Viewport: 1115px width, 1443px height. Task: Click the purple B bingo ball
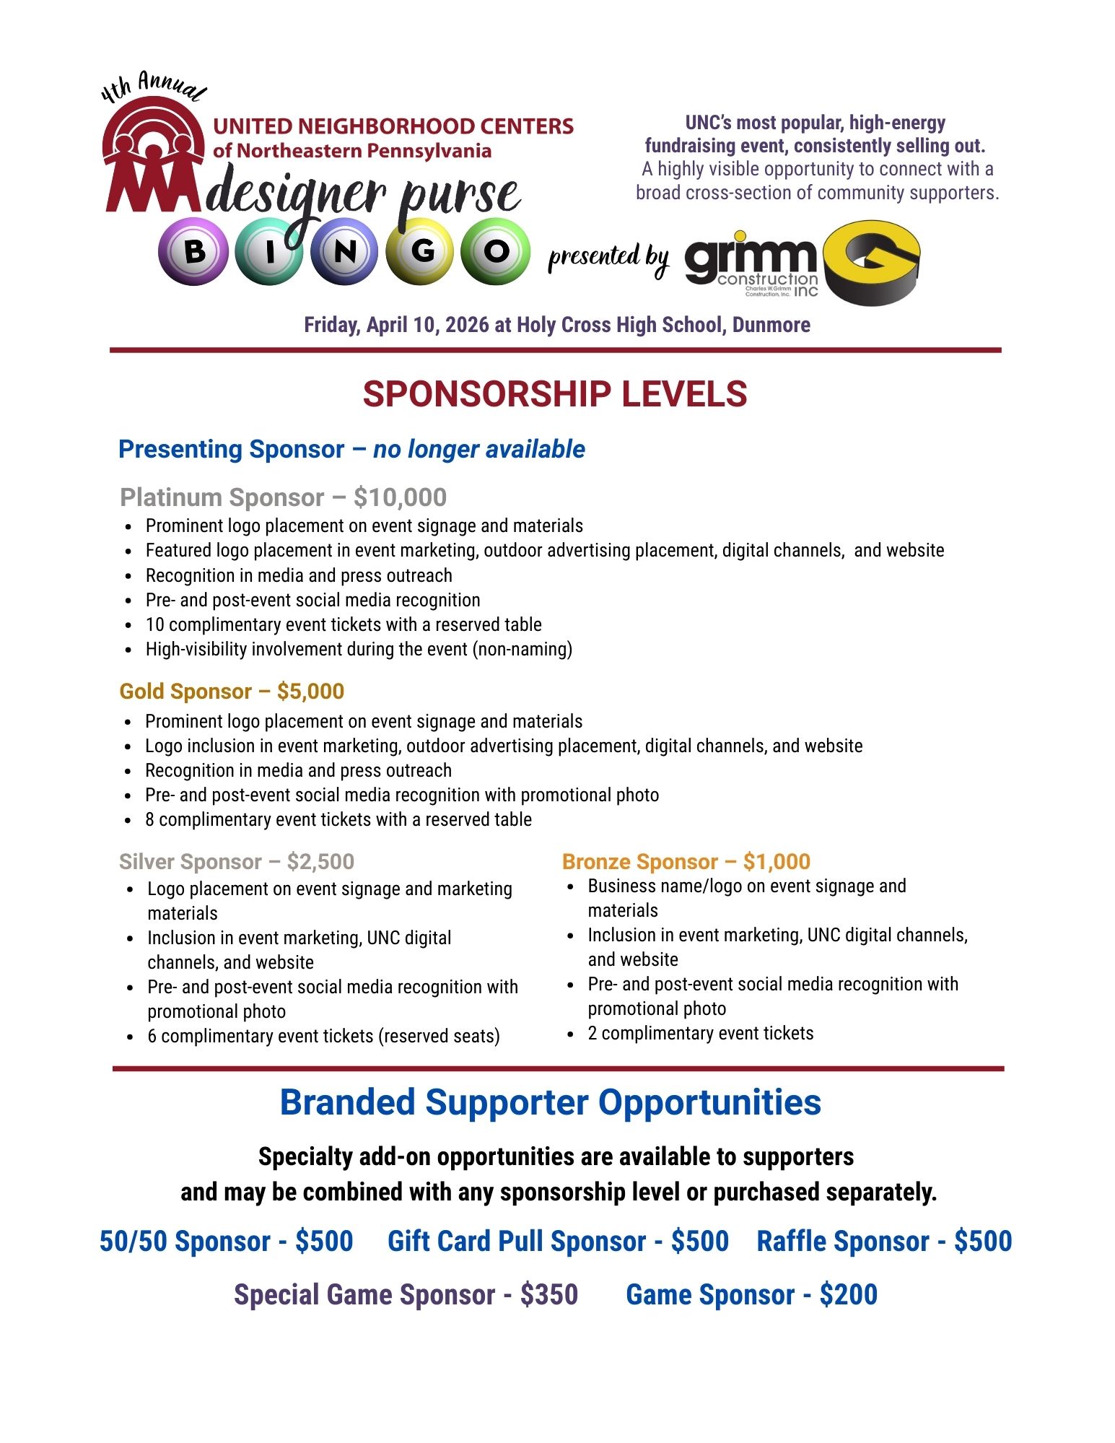(x=193, y=252)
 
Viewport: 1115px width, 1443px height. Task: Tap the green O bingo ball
(x=495, y=252)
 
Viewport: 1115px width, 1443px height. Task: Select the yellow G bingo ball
(x=421, y=252)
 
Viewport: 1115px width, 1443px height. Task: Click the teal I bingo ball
(x=269, y=252)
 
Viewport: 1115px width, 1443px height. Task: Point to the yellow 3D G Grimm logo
(x=872, y=261)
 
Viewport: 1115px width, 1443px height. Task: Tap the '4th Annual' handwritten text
(x=153, y=87)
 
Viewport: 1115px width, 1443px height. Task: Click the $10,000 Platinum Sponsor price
(x=400, y=497)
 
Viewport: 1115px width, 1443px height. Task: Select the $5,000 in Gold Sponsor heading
(x=310, y=692)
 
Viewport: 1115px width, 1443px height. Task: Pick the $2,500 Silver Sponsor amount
(x=320, y=862)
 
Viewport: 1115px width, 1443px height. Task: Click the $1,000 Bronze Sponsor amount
(x=777, y=862)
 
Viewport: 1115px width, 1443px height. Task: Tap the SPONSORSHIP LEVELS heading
(x=554, y=394)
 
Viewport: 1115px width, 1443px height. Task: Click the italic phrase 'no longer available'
(x=478, y=449)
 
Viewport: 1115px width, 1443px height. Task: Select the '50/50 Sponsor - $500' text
(x=226, y=1242)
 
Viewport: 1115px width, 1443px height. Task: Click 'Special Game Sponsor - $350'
(x=406, y=1295)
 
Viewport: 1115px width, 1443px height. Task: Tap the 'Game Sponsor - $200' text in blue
(x=751, y=1295)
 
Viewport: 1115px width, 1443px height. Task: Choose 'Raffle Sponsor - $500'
(x=884, y=1242)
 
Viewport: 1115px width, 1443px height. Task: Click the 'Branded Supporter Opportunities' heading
(x=550, y=1103)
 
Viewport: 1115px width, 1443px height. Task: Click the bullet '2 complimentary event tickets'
(x=700, y=1034)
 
